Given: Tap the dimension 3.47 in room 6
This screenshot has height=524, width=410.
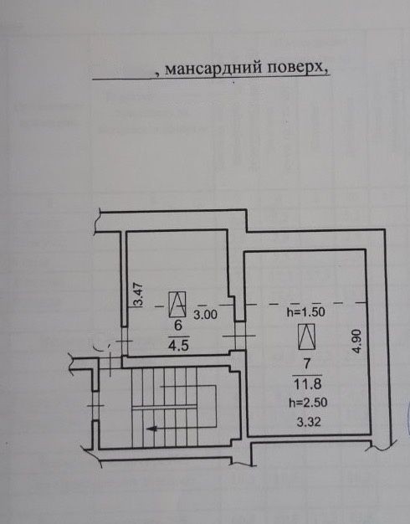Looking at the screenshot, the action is [138, 295].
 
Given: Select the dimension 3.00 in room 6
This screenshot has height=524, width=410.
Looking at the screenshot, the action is [206, 315].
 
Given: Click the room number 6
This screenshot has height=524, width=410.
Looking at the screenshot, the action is [178, 325].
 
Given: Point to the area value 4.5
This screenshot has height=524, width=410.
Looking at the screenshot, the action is [178, 345].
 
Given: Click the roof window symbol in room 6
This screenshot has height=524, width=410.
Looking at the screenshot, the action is [177, 305].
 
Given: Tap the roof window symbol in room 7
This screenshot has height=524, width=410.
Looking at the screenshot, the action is [307, 336].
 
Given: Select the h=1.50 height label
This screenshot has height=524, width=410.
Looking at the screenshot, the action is [306, 312].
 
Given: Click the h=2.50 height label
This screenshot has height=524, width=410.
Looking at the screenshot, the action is [308, 403].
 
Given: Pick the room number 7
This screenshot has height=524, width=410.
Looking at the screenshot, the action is [307, 363].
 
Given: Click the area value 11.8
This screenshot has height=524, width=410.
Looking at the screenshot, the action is [307, 384].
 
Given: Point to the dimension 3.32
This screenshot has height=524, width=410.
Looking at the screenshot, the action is [309, 422].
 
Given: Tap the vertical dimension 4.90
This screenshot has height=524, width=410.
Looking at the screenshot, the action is [357, 342].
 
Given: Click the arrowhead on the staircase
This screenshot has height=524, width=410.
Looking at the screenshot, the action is [152, 428].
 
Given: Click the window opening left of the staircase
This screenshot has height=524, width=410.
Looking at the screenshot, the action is [95, 406].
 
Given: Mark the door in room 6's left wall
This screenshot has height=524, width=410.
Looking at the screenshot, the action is [124, 341].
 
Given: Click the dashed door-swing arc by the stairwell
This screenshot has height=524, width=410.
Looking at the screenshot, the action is [102, 347].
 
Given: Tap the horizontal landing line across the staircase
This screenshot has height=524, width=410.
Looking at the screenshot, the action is [164, 407].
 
